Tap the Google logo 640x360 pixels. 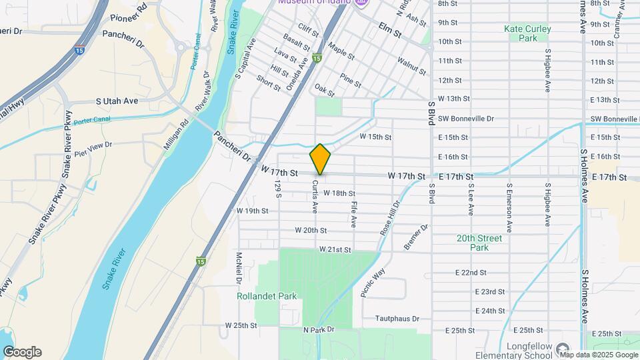[22, 352]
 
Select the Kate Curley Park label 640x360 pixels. [528, 33]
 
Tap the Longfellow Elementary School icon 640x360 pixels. [563, 349]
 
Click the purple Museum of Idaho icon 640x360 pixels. [361, 3]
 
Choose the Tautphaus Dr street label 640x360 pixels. [397, 319]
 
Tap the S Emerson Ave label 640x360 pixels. [509, 208]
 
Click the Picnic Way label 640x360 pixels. [373, 282]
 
